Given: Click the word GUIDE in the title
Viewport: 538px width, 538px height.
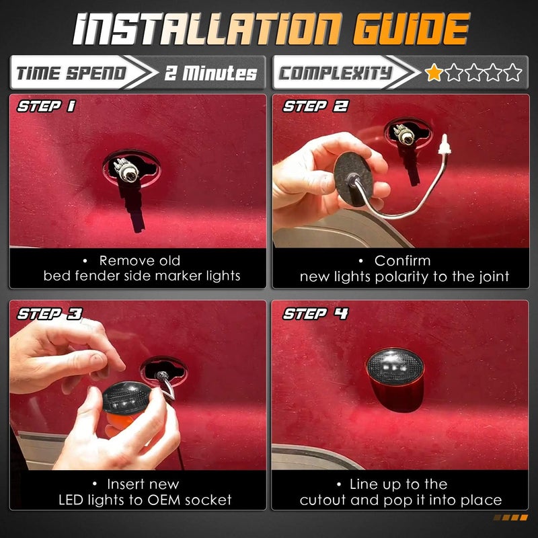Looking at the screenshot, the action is pos(411,29).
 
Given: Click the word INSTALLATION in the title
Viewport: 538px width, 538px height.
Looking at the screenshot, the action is pos(208,29).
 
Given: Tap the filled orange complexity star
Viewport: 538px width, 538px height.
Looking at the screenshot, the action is pos(434,73).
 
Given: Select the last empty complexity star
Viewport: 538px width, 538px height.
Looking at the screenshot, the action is pos(513,73).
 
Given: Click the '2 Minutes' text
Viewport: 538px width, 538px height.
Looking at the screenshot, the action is pos(211,73).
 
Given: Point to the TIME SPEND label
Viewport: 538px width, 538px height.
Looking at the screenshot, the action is pos(71,73).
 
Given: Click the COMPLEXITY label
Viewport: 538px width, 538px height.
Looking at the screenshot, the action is pos(335,73).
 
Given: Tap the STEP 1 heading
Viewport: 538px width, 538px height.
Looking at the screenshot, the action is pos(46,106).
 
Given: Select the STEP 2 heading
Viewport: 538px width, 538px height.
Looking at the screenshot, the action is pos(315,106).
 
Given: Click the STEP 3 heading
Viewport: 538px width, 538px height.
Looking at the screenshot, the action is pos(50,313).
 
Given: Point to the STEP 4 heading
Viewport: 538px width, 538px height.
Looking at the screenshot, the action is pos(315,313).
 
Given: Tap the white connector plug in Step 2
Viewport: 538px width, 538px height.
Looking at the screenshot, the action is pos(445,145).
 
